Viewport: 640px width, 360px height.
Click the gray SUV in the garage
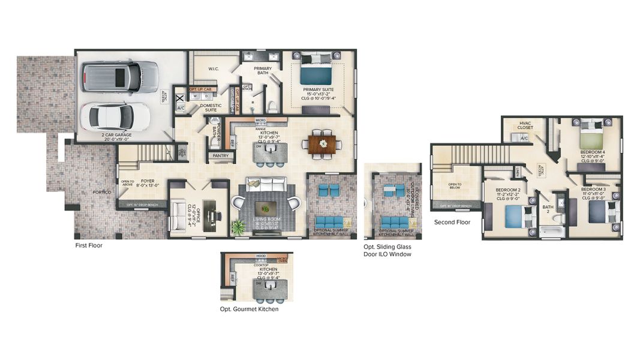click(x=119, y=76)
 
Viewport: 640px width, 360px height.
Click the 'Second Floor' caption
click(x=452, y=222)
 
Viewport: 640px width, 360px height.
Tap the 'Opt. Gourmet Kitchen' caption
click(x=249, y=310)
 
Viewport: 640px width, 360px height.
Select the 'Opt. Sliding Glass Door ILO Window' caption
click(x=387, y=251)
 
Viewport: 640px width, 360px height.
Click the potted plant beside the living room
click(x=238, y=227)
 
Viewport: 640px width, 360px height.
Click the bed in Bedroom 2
click(x=516, y=216)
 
